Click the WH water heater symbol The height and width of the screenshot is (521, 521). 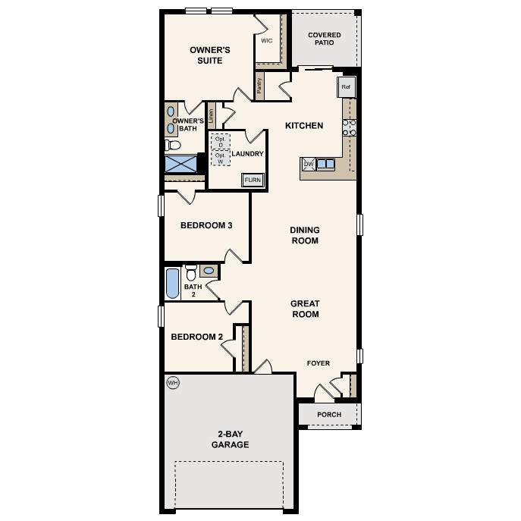[172, 383]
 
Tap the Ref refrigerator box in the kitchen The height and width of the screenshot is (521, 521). [346, 87]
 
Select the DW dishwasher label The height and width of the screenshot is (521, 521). [309, 163]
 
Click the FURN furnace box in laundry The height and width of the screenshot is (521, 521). [253, 180]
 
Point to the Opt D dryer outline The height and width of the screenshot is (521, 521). [220, 142]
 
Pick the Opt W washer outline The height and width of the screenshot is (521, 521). [220, 158]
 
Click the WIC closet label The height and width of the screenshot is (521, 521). [266, 41]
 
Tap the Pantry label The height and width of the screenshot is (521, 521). [259, 86]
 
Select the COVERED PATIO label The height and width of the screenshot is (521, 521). [324, 39]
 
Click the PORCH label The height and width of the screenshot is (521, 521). [329, 415]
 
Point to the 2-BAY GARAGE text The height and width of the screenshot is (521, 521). [230, 440]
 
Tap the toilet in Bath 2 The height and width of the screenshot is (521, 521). [191, 271]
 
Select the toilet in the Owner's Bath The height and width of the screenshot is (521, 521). [174, 144]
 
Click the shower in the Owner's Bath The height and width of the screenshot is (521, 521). [180, 164]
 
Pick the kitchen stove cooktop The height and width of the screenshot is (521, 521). [350, 127]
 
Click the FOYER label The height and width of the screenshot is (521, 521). [319, 363]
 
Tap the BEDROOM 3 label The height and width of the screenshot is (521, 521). [206, 225]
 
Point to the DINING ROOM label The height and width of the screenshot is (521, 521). [305, 235]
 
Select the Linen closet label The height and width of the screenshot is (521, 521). [212, 115]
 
